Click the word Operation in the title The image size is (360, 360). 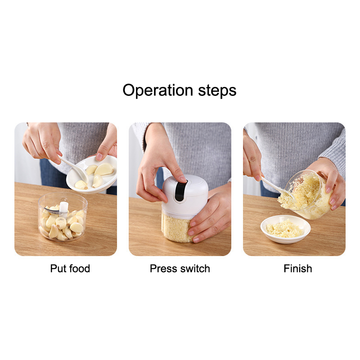(158, 90)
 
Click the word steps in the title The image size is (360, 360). (217, 90)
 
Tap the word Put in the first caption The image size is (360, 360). (58, 268)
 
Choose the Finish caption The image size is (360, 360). (298, 268)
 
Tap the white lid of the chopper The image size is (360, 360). (185, 196)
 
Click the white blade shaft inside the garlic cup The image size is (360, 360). (64, 209)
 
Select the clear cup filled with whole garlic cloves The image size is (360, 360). (63, 217)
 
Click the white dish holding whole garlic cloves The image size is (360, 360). (92, 175)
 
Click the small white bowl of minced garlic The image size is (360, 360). (285, 229)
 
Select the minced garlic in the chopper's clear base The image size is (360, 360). (176, 227)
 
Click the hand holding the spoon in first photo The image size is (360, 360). (42, 143)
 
